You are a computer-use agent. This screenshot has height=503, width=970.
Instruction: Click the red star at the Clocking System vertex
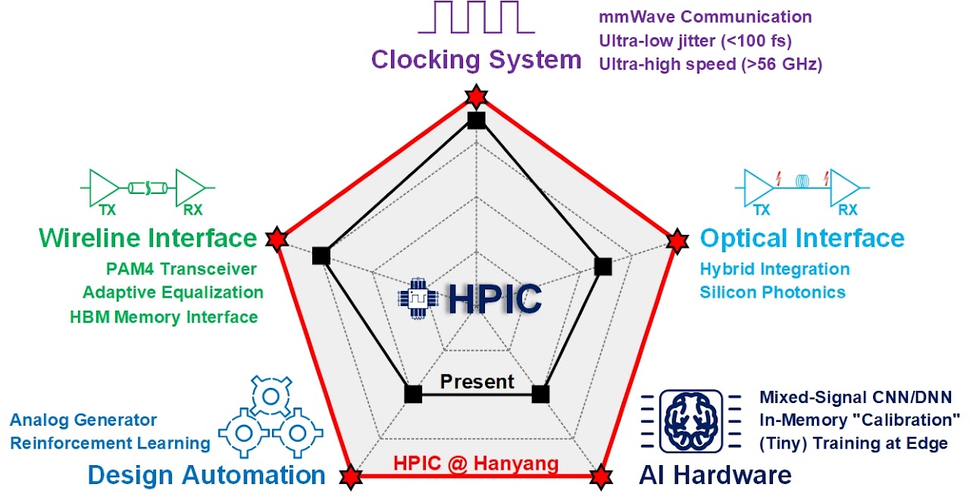coord(476,96)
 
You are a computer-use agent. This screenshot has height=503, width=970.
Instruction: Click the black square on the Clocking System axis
coord(476,120)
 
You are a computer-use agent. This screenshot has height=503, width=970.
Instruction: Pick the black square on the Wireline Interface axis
coord(320,256)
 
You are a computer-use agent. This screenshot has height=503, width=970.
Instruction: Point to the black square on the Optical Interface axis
coord(603,266)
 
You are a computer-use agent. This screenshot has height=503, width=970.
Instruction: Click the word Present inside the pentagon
coord(477,382)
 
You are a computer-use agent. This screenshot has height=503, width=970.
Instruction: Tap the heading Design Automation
coord(206,475)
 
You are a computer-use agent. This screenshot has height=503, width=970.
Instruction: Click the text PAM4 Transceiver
coord(181,269)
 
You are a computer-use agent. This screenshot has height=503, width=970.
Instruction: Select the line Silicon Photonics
coord(772,292)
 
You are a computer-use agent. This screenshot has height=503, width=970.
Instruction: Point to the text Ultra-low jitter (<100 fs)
coord(695,40)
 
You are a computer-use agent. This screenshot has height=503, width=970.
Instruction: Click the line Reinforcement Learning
coord(110,443)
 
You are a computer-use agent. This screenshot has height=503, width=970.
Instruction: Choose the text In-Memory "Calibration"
coord(860,420)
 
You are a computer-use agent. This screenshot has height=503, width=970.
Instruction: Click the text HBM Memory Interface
coord(164,317)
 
